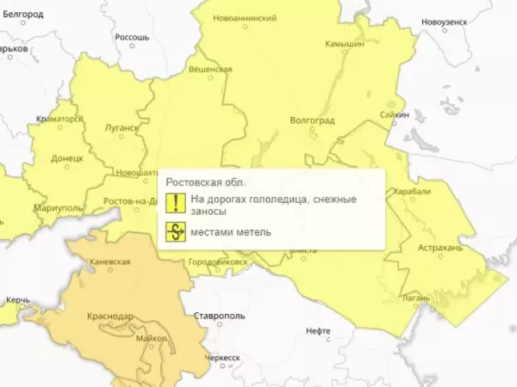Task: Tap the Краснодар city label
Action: point(109,316)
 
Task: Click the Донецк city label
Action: point(66,158)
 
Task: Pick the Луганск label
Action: point(121,128)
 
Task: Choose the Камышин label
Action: point(345,44)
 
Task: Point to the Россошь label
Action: point(132,38)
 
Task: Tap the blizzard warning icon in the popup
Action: point(176,231)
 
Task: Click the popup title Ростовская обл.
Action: point(205,182)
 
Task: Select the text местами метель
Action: point(231,231)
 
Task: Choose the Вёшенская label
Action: point(210,69)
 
